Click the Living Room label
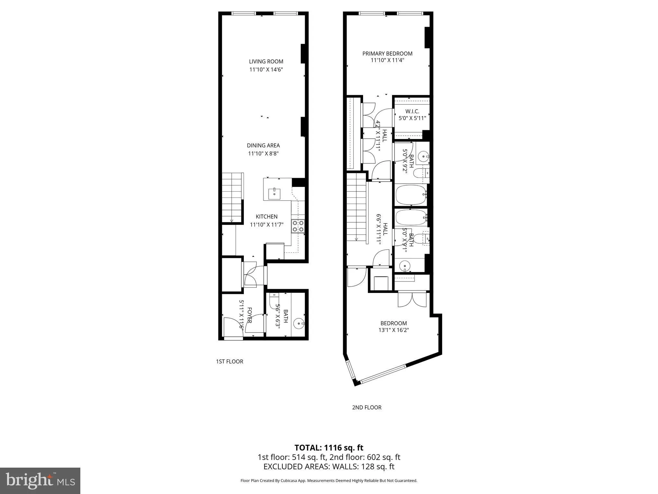click(x=266, y=61)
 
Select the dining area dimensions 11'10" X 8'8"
click(x=263, y=154)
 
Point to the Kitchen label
click(x=266, y=216)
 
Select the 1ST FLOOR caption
click(x=229, y=361)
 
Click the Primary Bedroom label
click(x=387, y=54)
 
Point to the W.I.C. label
click(x=412, y=112)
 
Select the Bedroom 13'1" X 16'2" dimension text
click(x=393, y=330)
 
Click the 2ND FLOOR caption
click(x=367, y=407)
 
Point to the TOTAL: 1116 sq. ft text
click(x=329, y=448)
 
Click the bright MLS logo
click(x=40, y=480)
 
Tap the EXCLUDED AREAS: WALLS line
click(x=329, y=467)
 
